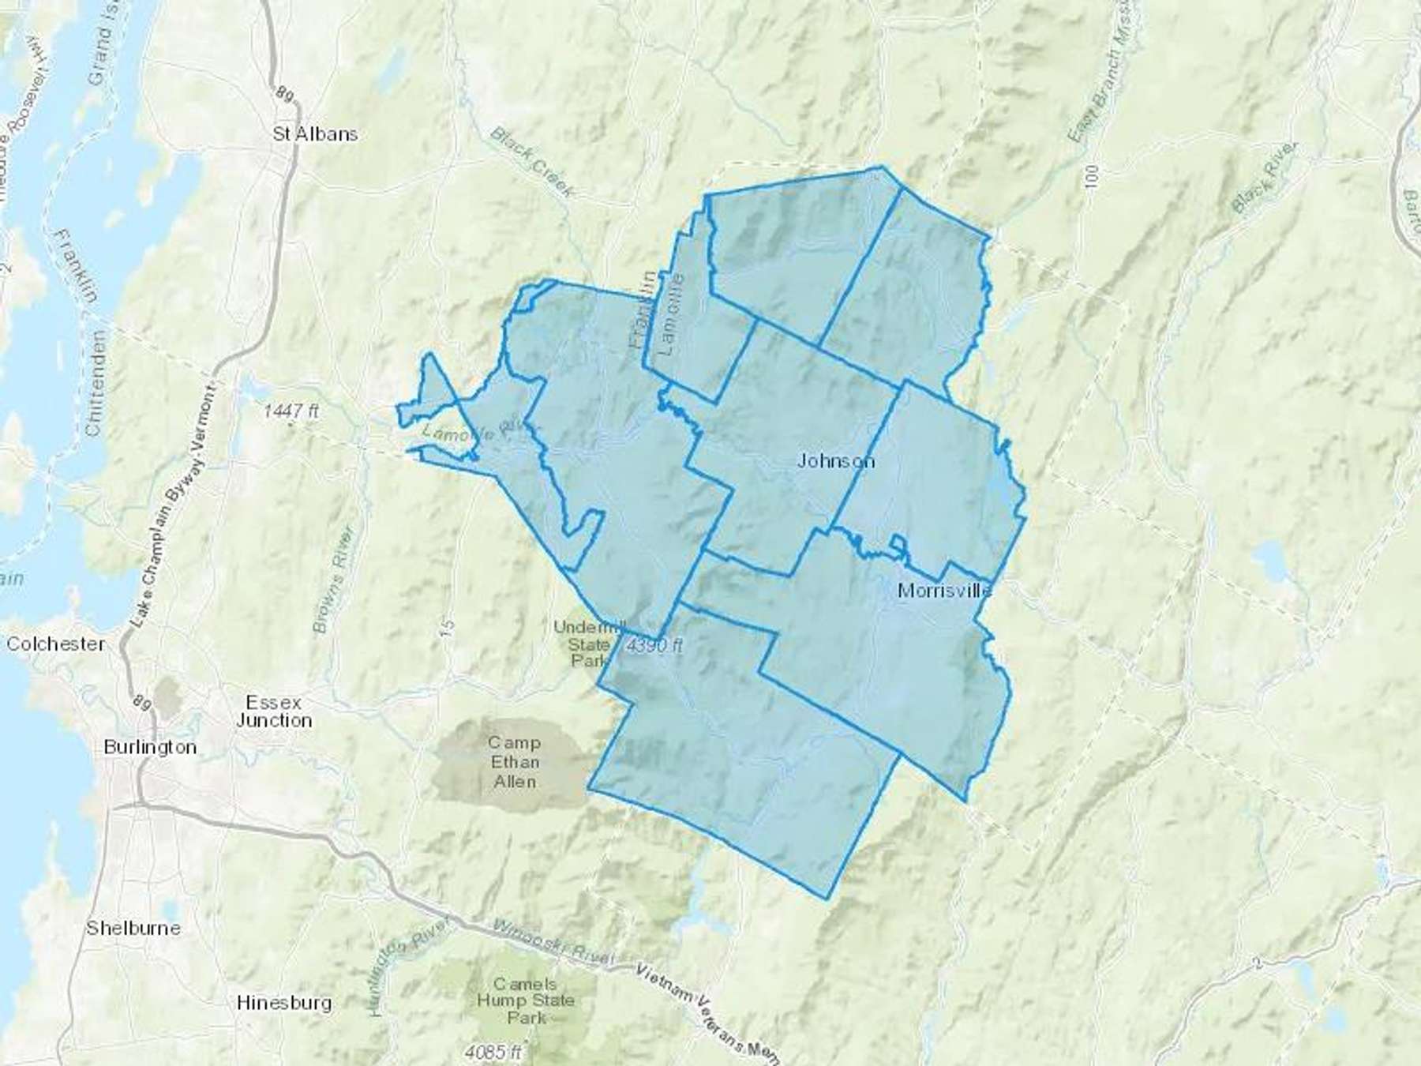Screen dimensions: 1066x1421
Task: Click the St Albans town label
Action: coord(315,134)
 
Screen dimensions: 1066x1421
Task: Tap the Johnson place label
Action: coord(835,460)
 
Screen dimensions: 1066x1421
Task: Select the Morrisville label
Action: coord(944,591)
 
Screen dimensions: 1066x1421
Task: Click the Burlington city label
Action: coord(150,747)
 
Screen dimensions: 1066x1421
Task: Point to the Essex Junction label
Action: coord(274,711)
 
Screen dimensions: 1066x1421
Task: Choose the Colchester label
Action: coord(55,644)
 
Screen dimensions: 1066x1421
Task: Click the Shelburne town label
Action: coord(133,928)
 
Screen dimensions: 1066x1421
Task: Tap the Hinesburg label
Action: coord(284,1003)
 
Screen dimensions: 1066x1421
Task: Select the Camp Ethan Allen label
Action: coord(515,762)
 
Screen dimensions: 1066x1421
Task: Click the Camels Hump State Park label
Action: coord(525,1000)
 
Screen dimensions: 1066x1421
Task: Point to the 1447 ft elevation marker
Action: coord(291,411)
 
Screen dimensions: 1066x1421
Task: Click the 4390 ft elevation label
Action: coord(654,645)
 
